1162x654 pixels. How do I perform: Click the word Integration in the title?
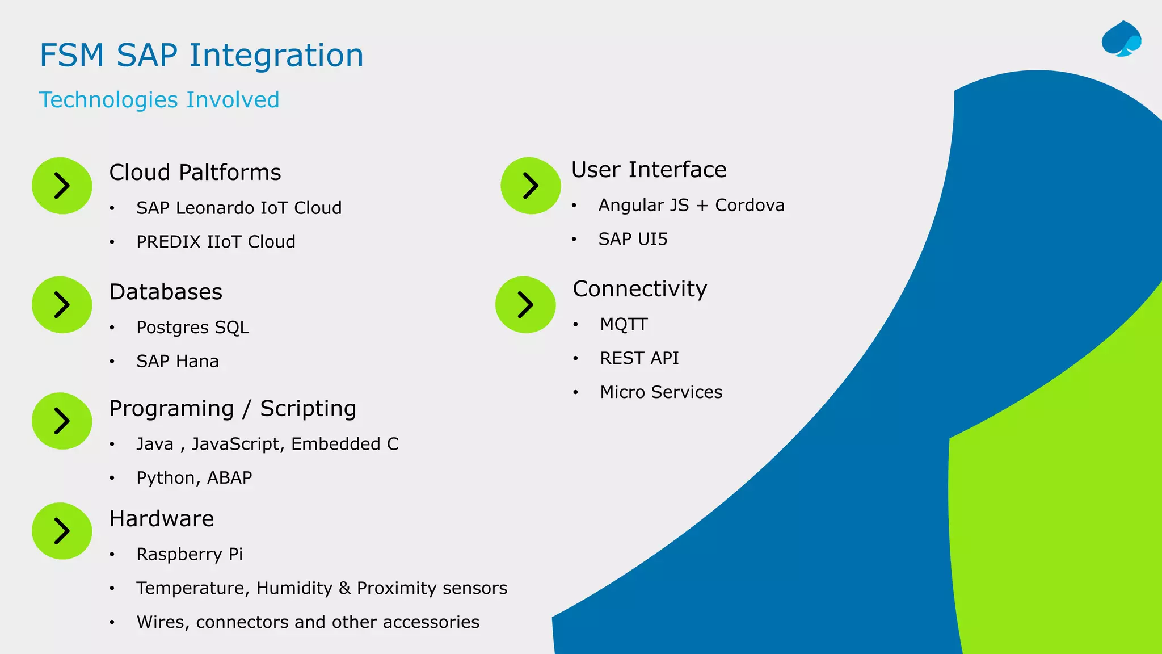click(276, 56)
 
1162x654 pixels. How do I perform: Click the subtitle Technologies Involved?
click(159, 100)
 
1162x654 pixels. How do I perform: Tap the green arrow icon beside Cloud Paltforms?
click(62, 186)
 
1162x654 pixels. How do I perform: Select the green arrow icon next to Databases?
click(62, 305)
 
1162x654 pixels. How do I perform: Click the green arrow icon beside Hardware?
click(62, 531)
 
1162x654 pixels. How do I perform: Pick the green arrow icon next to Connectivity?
click(525, 305)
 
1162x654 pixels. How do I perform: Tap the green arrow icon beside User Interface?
click(531, 186)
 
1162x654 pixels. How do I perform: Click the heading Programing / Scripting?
click(233, 409)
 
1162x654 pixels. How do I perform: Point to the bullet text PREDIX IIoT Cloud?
click(216, 242)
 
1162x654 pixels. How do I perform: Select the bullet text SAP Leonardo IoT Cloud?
click(239, 208)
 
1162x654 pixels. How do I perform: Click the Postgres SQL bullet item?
click(192, 328)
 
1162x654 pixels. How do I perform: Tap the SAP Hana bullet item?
click(178, 362)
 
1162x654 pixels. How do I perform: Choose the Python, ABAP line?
click(194, 478)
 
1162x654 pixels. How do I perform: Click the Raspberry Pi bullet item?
click(190, 554)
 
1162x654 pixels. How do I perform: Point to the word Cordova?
click(750, 205)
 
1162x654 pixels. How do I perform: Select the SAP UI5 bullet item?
click(633, 239)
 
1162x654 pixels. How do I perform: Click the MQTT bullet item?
click(624, 324)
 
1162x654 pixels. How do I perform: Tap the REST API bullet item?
click(639, 358)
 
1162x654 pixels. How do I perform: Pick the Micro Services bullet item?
click(661, 392)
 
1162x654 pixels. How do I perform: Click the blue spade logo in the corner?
click(1121, 39)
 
